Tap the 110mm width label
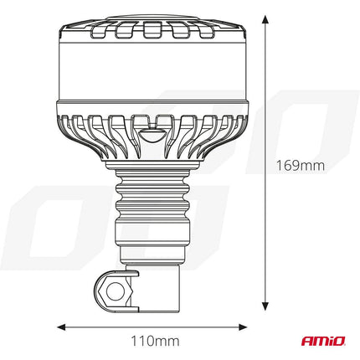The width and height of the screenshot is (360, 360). click(156, 341)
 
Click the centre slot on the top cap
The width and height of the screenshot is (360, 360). click(152, 32)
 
